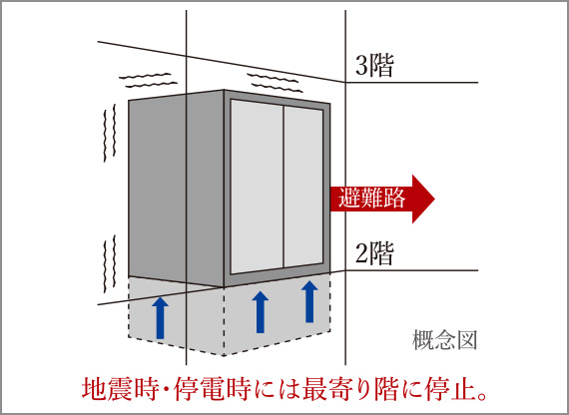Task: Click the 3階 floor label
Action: tap(374, 66)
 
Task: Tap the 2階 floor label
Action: tap(374, 253)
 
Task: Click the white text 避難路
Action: tap(371, 199)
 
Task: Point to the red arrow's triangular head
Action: tap(423, 199)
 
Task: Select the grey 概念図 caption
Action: tap(444, 340)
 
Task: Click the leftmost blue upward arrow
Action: tap(160, 317)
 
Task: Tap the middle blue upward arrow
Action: tap(261, 312)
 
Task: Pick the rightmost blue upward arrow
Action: tap(309, 301)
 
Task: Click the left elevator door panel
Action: tap(257, 187)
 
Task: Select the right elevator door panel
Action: tap(303, 188)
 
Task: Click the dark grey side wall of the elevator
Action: tap(176, 189)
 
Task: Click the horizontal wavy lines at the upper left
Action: tap(148, 80)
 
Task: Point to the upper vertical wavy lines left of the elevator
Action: tap(110, 133)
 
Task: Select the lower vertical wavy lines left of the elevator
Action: tap(110, 263)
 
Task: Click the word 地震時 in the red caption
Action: tap(121, 389)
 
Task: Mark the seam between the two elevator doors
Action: tap(284, 187)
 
